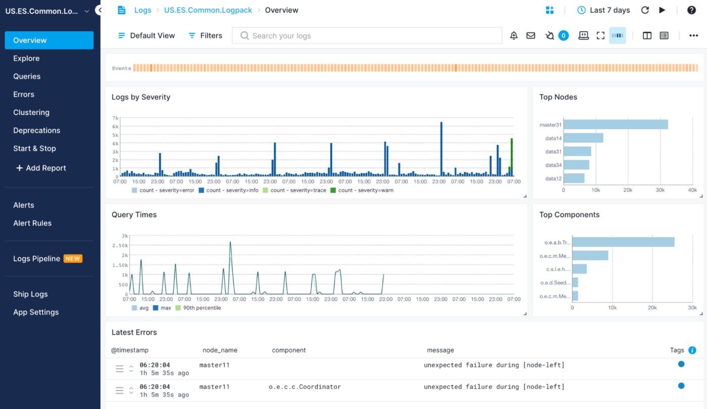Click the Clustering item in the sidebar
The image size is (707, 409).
[x=31, y=112]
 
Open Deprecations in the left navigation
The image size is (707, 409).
[x=36, y=130]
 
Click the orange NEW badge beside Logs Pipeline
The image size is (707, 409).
[x=73, y=259]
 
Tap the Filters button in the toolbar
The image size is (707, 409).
[x=205, y=35]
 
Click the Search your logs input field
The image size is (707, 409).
[x=367, y=35]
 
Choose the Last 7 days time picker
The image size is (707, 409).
[x=603, y=10]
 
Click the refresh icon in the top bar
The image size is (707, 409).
[x=645, y=10]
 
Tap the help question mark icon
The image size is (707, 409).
[x=691, y=10]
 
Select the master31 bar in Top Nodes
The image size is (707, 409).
[x=616, y=124]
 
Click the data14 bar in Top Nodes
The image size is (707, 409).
[x=583, y=138]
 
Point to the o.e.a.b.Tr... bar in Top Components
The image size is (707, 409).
[x=623, y=242]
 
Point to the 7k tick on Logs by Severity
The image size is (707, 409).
[x=115, y=118]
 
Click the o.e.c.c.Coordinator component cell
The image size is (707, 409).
[x=305, y=387]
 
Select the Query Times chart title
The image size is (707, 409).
[x=134, y=215]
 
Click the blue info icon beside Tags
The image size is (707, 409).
[x=692, y=350]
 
